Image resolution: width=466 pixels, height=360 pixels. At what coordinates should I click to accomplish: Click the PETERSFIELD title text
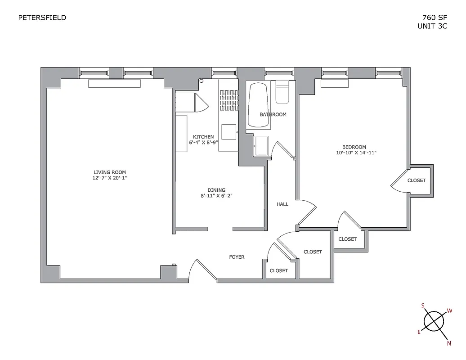pyautogui.click(x=42, y=18)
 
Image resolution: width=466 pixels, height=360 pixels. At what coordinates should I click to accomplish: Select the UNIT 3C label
pyautogui.click(x=432, y=26)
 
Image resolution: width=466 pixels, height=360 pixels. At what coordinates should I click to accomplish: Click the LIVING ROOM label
pyautogui.click(x=109, y=172)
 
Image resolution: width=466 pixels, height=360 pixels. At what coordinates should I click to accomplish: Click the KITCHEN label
pyautogui.click(x=203, y=137)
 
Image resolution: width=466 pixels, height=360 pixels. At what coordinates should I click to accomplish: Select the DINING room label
pyautogui.click(x=216, y=190)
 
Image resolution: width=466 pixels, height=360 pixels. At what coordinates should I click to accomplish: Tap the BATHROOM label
pyautogui.click(x=273, y=114)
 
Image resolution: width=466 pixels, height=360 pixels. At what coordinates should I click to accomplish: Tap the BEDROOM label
pyautogui.click(x=354, y=147)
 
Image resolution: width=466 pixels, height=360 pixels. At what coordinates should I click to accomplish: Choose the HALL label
pyautogui.click(x=282, y=204)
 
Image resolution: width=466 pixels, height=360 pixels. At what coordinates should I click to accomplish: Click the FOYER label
pyautogui.click(x=237, y=257)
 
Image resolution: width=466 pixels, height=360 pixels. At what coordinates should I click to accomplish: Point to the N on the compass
pyautogui.click(x=448, y=343)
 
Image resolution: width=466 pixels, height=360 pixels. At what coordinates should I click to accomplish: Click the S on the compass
pyautogui.click(x=422, y=305)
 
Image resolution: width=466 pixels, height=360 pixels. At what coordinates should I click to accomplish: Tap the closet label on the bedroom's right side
pyautogui.click(x=416, y=180)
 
